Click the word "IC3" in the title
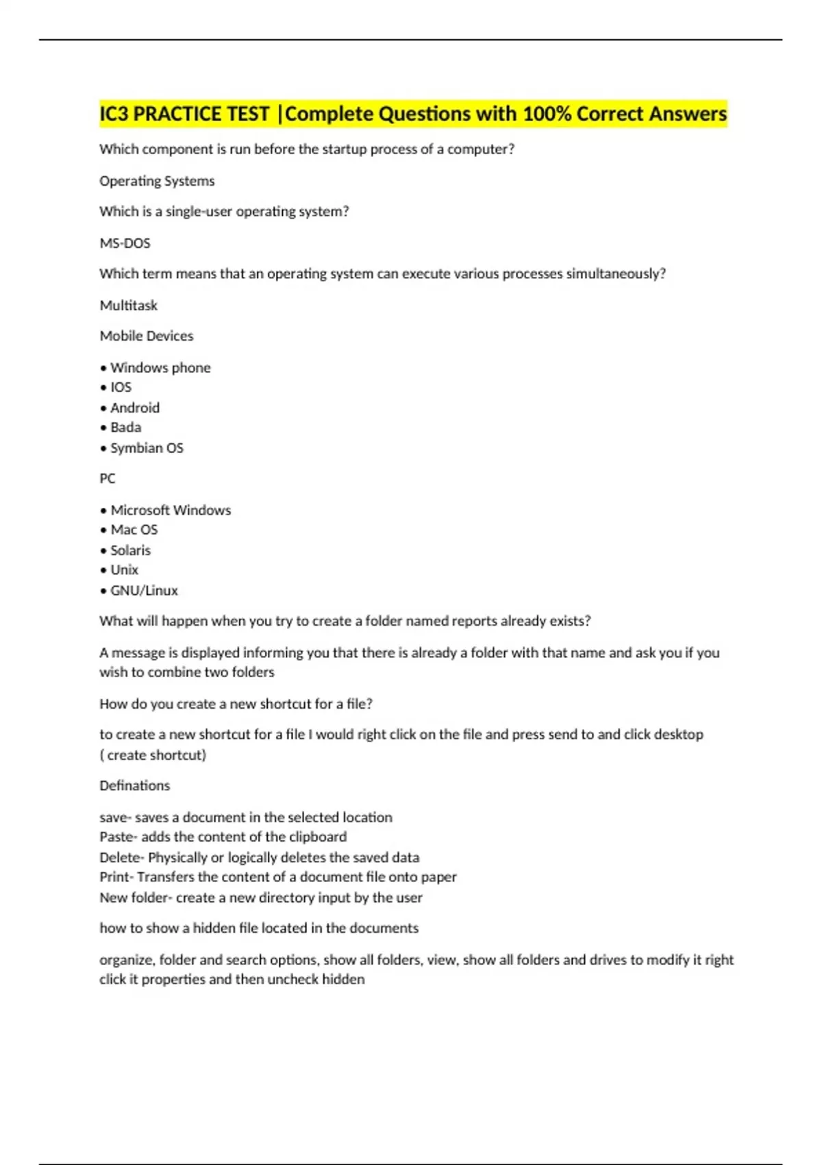(x=114, y=114)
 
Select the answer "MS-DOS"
(x=125, y=243)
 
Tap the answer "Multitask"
(x=129, y=306)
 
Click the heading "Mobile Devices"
(x=147, y=336)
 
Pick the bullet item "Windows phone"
(x=160, y=368)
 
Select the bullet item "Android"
(x=135, y=408)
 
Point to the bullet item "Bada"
(x=126, y=428)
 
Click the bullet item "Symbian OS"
(x=147, y=448)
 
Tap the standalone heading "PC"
(x=108, y=478)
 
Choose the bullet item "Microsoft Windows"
(x=171, y=511)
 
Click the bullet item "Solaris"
(x=130, y=550)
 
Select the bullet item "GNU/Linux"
(x=144, y=591)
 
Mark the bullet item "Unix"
(x=124, y=570)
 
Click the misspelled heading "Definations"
(x=134, y=785)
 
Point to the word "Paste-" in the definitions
(x=119, y=837)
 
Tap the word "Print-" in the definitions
(x=116, y=877)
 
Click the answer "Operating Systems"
(x=157, y=181)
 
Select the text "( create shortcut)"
(x=153, y=755)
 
